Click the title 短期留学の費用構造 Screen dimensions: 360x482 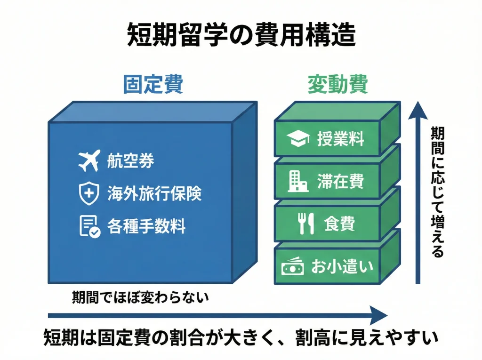tap(241, 34)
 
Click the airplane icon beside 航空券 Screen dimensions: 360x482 tap(89, 161)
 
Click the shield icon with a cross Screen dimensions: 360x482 tap(89, 193)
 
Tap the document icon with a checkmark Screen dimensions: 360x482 tap(89, 226)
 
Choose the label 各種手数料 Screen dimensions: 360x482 tap(146, 226)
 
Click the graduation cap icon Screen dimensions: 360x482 tap(298, 139)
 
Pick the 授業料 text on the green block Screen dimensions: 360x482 tap(340, 139)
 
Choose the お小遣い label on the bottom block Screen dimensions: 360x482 tap(342, 267)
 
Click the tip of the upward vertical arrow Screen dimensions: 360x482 tap(417, 104)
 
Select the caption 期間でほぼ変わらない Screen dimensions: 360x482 tap(140, 297)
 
